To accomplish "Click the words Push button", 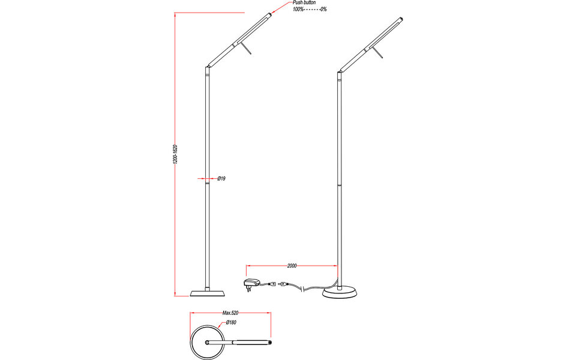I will coord(305,3).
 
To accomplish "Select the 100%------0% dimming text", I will coord(310,10).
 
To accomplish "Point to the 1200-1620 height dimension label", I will coord(175,154).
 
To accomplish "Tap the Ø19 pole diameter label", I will coord(221,179).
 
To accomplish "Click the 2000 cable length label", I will coord(292,265).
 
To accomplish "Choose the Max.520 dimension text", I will coord(231,313).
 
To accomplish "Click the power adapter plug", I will coord(251,284).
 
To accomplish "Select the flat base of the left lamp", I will coord(208,293).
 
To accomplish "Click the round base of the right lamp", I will coord(340,293).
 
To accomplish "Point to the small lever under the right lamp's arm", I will coord(379,55).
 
